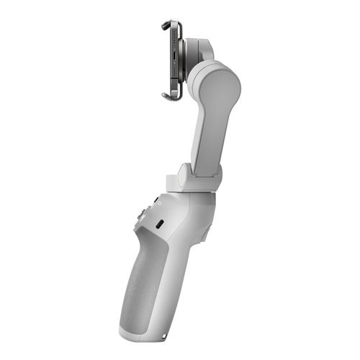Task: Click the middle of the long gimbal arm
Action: (x=210, y=130)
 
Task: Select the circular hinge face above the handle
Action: (x=184, y=175)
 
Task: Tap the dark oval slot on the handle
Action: (x=158, y=223)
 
